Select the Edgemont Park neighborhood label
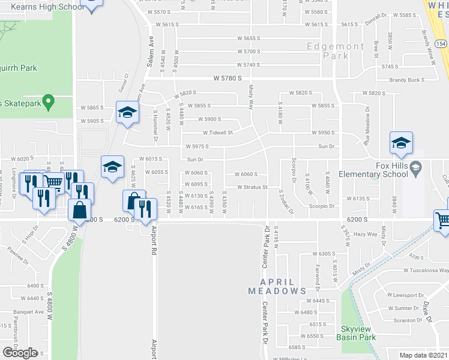click(x=336, y=51)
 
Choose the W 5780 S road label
click(x=231, y=79)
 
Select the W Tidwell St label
click(x=217, y=133)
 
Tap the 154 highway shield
click(x=441, y=44)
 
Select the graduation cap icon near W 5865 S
click(x=127, y=112)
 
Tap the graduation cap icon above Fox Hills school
click(x=400, y=143)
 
